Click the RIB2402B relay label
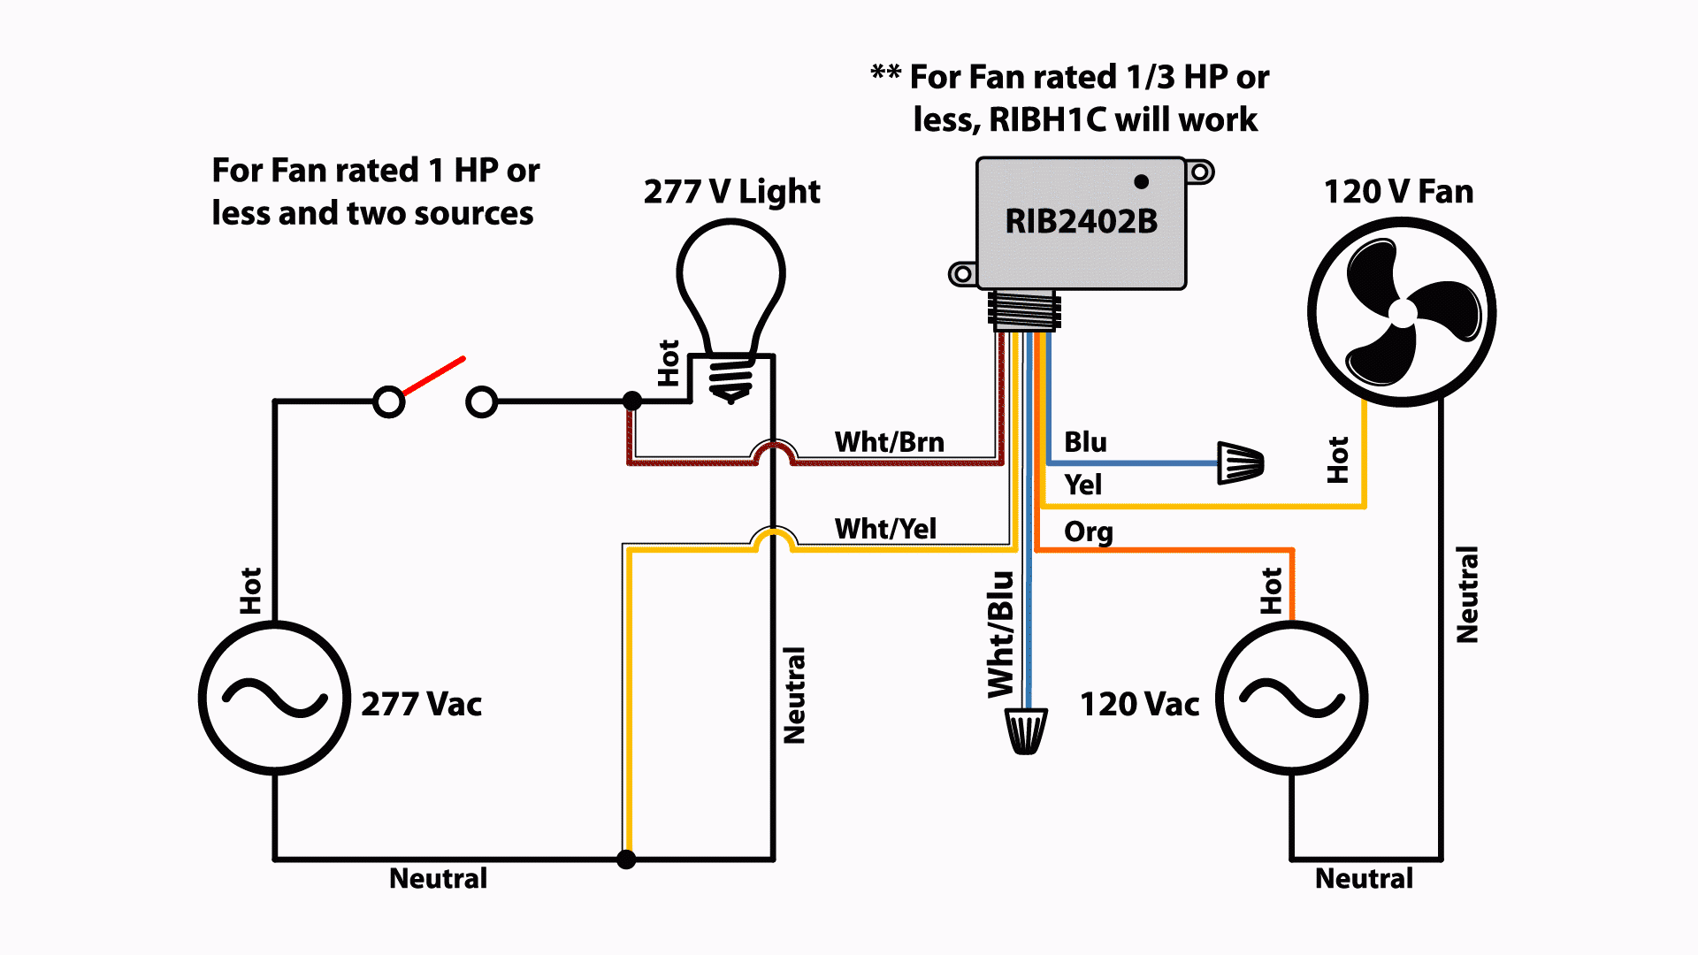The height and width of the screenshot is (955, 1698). click(x=1081, y=222)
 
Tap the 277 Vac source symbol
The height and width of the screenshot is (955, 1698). click(x=275, y=698)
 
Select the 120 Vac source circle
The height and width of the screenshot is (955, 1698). click(x=1292, y=698)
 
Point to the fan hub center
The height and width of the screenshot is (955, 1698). click(x=1402, y=313)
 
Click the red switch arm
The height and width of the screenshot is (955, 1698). click(x=433, y=376)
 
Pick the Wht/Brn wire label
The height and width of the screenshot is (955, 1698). click(x=889, y=442)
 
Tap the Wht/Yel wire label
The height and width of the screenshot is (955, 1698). click(x=885, y=529)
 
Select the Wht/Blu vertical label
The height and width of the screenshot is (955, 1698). click(x=1000, y=634)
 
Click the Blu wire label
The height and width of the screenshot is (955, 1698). click(x=1085, y=442)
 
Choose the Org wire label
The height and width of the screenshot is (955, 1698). click(x=1089, y=532)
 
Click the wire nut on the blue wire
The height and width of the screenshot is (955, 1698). click(x=1241, y=462)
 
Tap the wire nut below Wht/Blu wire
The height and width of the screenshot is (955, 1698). click(x=1027, y=730)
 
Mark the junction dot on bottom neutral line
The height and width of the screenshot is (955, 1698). click(x=626, y=859)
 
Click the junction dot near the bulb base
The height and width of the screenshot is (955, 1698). click(x=632, y=401)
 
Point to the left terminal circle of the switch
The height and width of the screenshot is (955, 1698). click(x=389, y=402)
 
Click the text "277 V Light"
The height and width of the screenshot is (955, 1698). click(x=731, y=192)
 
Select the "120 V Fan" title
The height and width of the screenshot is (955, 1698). click(x=1398, y=192)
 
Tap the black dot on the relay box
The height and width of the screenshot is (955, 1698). click(x=1142, y=181)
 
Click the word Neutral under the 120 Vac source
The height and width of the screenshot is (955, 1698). click(x=1364, y=878)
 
